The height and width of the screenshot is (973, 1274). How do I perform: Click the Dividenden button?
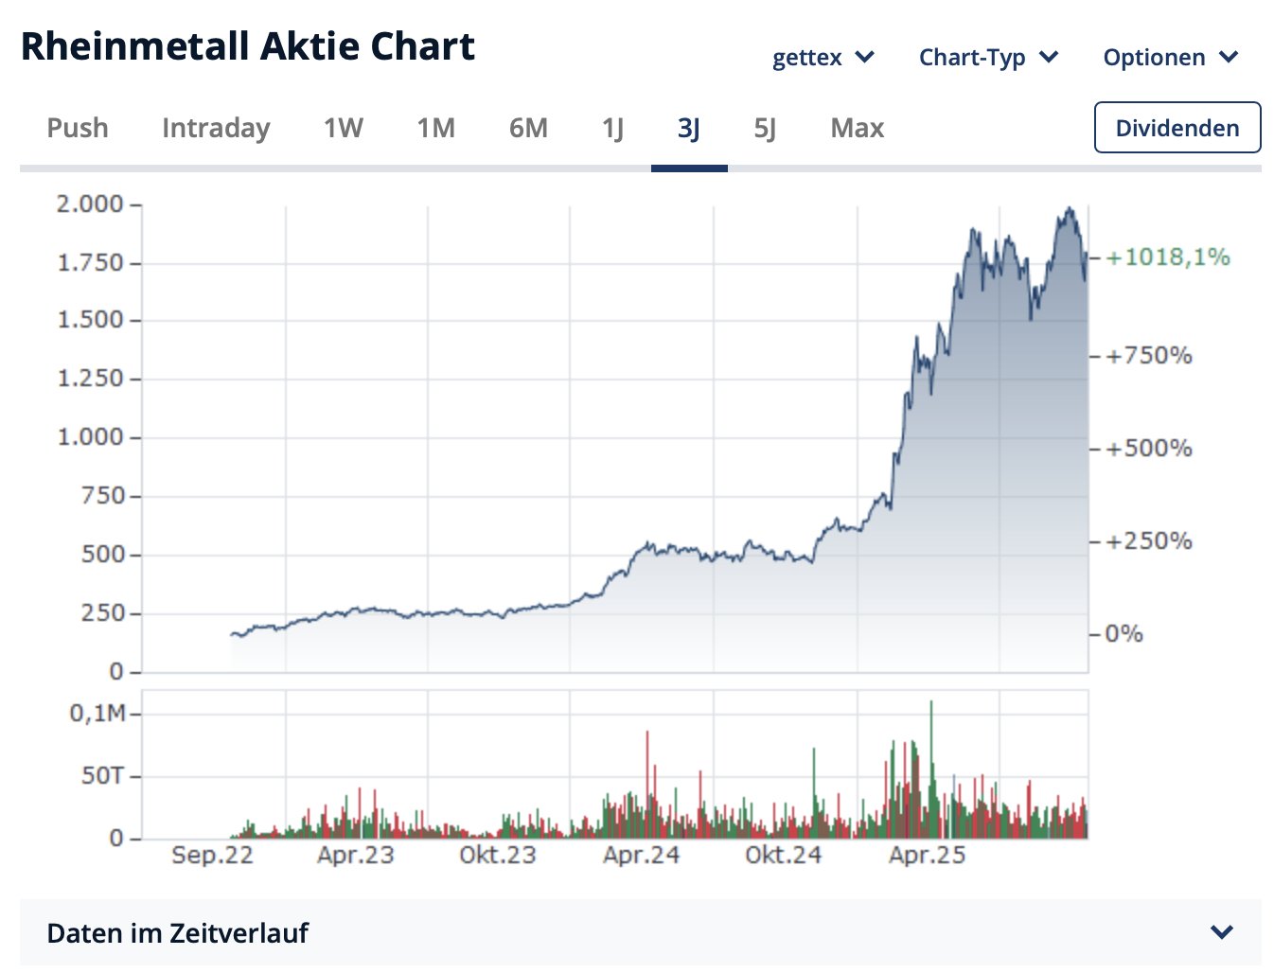click(1177, 128)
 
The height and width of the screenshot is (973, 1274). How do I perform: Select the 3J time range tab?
click(689, 128)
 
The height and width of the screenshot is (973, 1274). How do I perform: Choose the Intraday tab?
click(216, 128)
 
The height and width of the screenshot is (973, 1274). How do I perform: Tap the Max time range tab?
click(857, 128)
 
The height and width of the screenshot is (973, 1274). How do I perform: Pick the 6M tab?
click(528, 128)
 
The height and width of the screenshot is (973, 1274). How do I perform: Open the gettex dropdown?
click(823, 58)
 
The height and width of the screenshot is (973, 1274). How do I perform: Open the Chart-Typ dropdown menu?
click(988, 58)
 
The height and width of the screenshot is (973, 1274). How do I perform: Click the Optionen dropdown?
click(1170, 58)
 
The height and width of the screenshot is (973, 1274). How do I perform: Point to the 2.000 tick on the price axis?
click(90, 204)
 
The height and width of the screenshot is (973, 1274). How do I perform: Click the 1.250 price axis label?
click(90, 379)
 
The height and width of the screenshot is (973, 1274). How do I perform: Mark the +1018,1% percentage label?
click(1168, 257)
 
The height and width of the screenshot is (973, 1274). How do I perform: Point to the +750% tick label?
click(1148, 356)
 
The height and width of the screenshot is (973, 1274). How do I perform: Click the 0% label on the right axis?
click(1124, 634)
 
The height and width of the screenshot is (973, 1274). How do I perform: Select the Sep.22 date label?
click(212, 856)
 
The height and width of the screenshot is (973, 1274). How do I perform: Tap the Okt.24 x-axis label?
click(783, 856)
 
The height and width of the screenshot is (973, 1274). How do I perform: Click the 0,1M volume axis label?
click(97, 714)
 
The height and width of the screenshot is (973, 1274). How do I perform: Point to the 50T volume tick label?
click(102, 776)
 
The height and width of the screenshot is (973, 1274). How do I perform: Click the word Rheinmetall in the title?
click(133, 46)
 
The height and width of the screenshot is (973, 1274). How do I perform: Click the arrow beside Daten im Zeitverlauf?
click(1222, 932)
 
